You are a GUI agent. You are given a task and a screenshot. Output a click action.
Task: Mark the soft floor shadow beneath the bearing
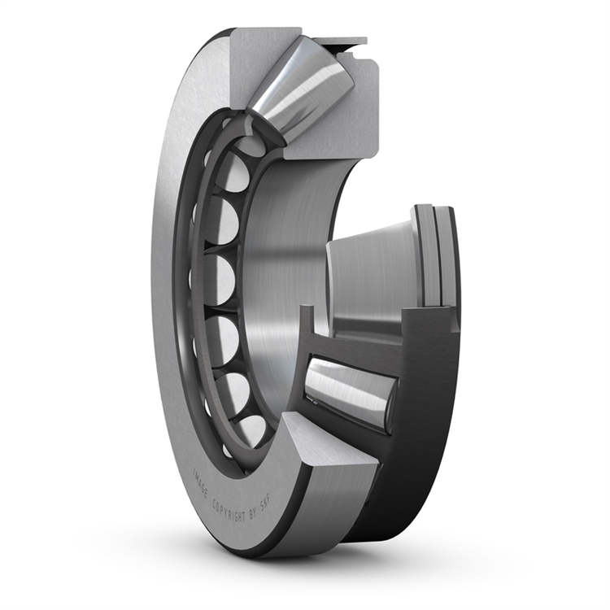(x=325, y=569)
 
